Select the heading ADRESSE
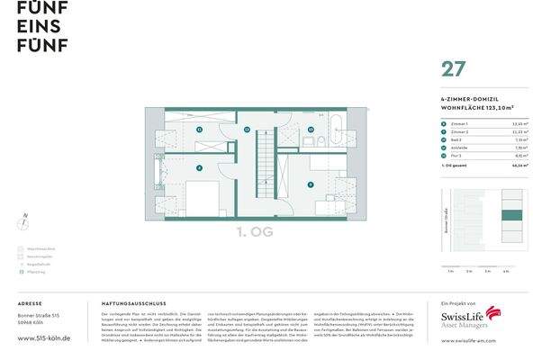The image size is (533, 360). pyautogui.click(x=30, y=304)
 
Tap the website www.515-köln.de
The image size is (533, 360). pyautogui.click(x=44, y=337)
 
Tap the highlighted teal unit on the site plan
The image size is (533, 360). pyautogui.click(x=511, y=214)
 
